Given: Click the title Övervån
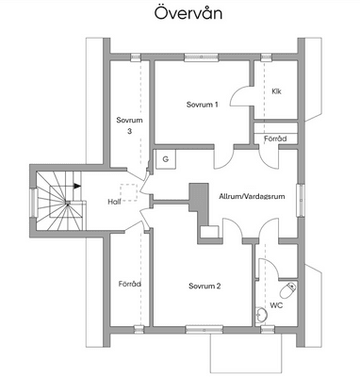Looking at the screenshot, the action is point(188,13).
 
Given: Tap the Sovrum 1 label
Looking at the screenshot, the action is point(202,105).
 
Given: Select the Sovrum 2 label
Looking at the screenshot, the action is point(205,286).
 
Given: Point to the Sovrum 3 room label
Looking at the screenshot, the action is point(129,125).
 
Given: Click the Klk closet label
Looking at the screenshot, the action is point(276,91).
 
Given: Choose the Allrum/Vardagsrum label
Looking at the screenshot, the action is point(252,197).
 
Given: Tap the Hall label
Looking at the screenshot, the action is point(114,202).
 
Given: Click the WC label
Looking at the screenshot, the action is point(276,305).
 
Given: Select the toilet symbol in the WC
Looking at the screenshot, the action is point(288,290).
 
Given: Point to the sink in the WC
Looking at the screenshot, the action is point(261,315).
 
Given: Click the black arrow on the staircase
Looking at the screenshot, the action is point(77,186).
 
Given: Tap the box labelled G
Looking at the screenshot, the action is point(167,159).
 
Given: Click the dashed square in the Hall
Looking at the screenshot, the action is point(128,192).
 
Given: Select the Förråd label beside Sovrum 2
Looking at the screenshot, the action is point(129,284).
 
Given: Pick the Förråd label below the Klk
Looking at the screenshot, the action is point(275,139).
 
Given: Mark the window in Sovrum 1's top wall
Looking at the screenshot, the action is point(201,57).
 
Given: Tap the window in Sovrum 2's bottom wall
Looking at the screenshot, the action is point(205,330).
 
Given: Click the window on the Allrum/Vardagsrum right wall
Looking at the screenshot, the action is point(301,200).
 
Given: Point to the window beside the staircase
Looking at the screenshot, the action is point(32,203).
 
